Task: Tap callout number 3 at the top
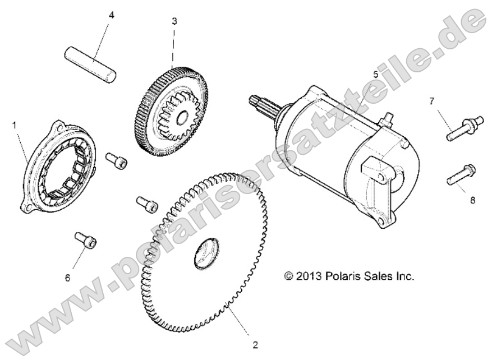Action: tap(174, 21)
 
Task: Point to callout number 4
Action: tap(111, 15)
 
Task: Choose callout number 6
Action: tap(68, 278)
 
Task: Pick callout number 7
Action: tap(447, 101)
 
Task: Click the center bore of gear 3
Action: tap(181, 119)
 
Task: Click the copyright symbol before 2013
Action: tap(289, 276)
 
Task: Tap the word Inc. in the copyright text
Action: tap(403, 276)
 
